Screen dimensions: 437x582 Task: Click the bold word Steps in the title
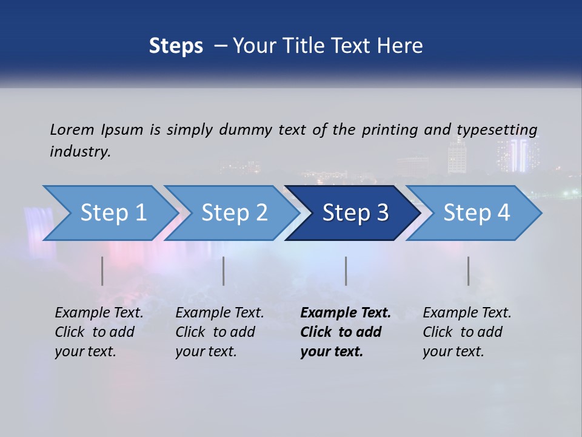[176, 46]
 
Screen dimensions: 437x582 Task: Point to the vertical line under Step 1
[102, 271]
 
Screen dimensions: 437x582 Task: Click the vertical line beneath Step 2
[224, 271]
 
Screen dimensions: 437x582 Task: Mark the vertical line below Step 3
[346, 271]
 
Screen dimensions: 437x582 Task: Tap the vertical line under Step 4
[468, 271]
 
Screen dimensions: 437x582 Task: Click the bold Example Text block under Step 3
[346, 332]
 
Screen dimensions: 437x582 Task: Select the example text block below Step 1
[99, 332]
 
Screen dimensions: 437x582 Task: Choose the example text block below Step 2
[219, 332]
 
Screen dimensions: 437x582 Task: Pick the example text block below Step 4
[467, 332]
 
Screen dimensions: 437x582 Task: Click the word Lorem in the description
[72, 129]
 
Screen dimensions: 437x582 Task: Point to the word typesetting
[497, 129]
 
